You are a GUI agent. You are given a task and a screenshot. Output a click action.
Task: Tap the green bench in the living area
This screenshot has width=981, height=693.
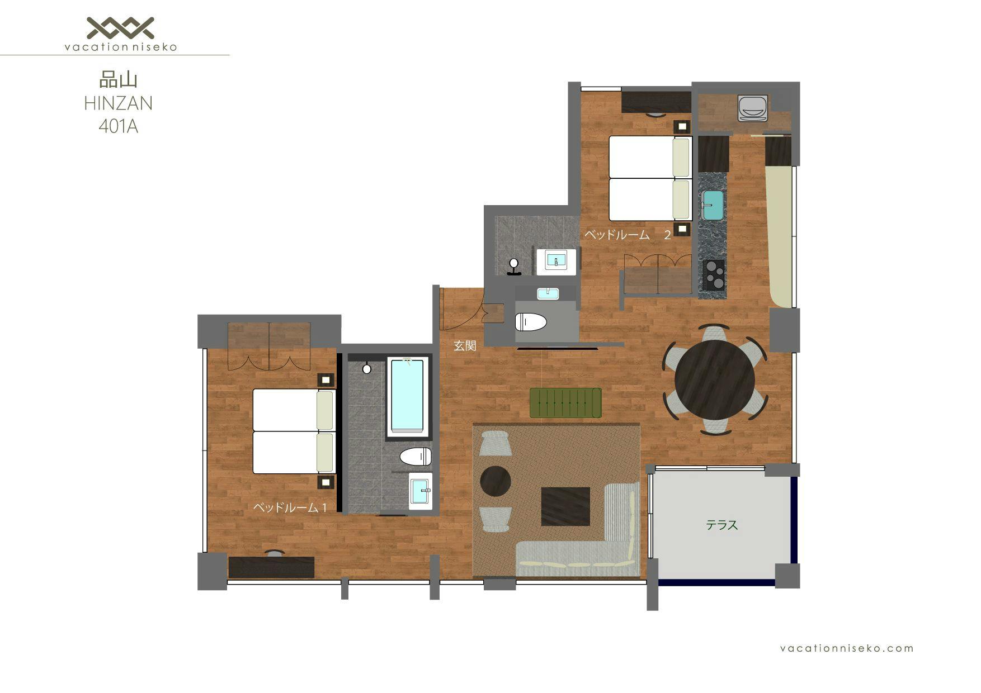click(565, 402)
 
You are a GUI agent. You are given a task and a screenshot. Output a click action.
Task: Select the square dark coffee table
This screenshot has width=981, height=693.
click(565, 506)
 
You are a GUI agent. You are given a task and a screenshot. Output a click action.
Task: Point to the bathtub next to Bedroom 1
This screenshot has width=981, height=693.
click(408, 396)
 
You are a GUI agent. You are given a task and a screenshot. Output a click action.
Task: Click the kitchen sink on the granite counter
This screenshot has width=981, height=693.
click(713, 205)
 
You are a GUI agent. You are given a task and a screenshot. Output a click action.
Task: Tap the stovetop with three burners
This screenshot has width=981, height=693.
click(714, 274)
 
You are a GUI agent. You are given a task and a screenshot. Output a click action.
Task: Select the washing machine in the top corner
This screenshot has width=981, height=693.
click(752, 108)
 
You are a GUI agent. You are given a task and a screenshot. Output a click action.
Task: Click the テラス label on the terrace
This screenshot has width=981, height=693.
click(721, 525)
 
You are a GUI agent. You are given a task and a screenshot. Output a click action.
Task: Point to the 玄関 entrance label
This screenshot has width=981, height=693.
click(464, 346)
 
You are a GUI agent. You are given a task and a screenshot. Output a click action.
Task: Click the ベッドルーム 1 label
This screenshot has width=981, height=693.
click(290, 507)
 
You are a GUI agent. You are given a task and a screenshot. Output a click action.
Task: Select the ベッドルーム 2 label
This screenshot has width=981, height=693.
click(627, 235)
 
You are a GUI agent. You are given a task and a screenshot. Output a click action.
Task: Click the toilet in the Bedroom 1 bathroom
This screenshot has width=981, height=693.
click(416, 456)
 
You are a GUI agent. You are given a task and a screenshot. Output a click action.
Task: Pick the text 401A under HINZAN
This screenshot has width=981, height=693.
click(118, 127)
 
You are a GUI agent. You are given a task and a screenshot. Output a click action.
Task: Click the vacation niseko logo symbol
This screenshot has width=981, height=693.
click(120, 28)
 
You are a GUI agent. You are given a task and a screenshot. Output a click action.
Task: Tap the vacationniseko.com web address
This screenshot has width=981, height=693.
click(847, 648)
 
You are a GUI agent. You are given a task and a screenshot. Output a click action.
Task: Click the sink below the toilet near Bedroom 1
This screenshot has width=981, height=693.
click(421, 491)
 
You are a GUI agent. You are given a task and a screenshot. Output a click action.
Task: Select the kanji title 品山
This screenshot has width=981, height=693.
click(118, 80)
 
